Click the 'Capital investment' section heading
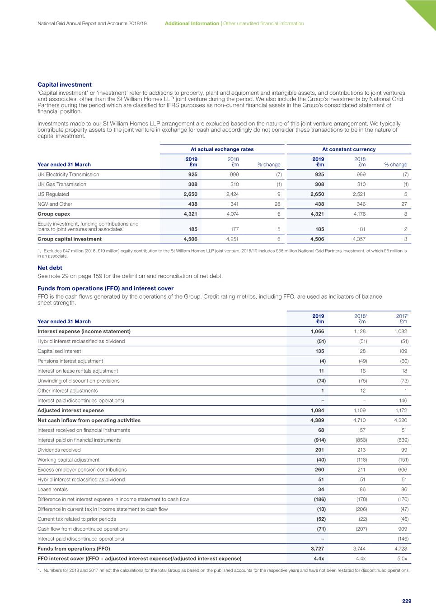point(64,84)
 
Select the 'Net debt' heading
point(50,268)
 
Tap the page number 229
point(407,601)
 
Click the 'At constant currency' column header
point(348,149)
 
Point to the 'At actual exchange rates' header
point(222,149)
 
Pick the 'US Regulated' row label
point(53,194)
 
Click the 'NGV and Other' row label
point(55,204)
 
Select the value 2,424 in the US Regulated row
point(232,194)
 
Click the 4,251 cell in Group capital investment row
point(232,239)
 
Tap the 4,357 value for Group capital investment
point(359,239)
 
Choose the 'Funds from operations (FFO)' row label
point(74,549)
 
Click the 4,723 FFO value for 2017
point(400,549)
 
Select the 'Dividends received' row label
point(59,450)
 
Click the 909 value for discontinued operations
point(403,529)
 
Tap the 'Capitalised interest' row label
point(59,351)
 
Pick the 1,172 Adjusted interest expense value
point(400,411)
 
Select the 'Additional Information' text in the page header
point(192,23)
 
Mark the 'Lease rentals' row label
point(52,490)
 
